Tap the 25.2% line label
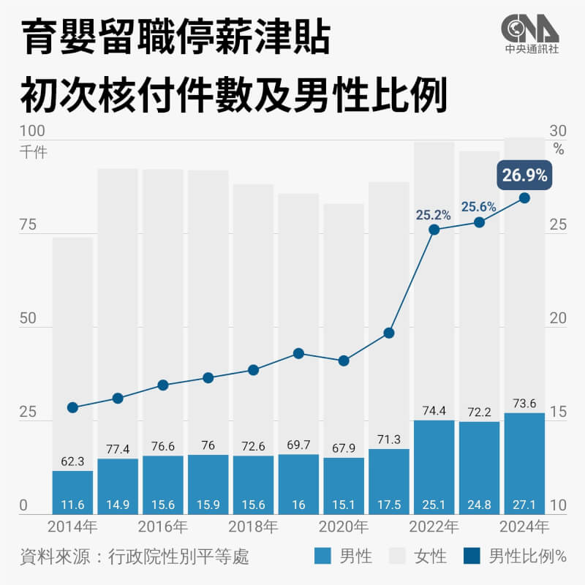pos(434,215)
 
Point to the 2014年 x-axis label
pos(72,526)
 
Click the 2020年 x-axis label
pos(344,526)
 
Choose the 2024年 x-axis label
pos(524,526)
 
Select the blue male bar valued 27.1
pos(524,464)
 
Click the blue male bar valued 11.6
pos(72,492)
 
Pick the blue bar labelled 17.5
pos(389,481)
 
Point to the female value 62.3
pos(72,461)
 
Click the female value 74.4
pos(434,410)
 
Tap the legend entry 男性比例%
pos(516,556)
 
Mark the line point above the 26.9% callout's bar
pos(524,197)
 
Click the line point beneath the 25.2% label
pos(434,230)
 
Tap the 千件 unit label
pos(34,153)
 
